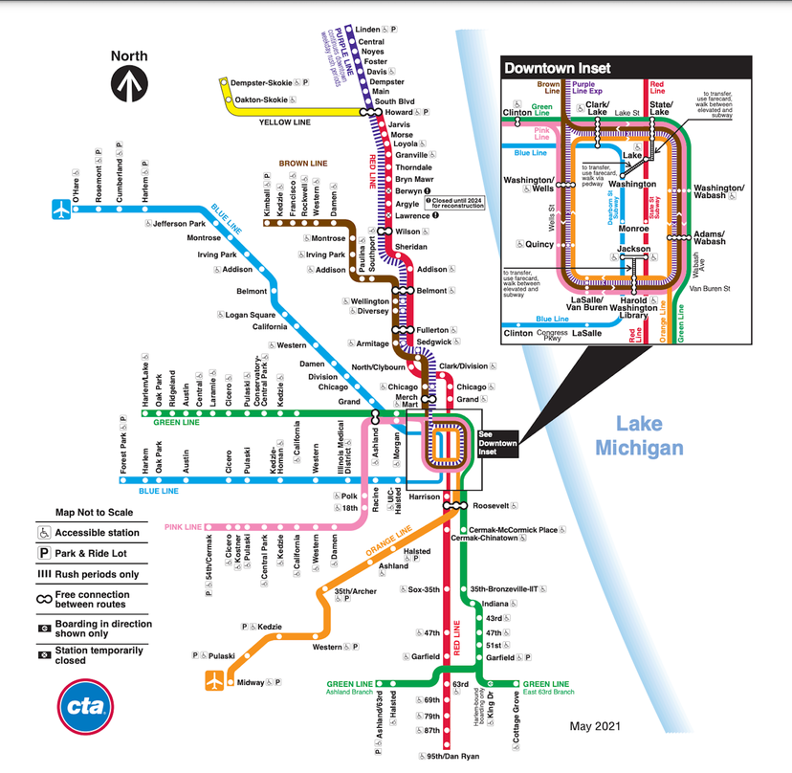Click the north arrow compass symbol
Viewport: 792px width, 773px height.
pos(129,84)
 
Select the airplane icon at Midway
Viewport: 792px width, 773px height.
pos(215,682)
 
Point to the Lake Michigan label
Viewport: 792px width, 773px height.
pos(639,435)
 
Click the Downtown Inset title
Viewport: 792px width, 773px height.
pos(558,68)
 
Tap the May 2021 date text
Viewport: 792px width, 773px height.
pos(599,728)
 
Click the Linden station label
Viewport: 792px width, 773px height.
pos(368,31)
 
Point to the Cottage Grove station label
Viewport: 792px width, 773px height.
pos(516,719)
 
